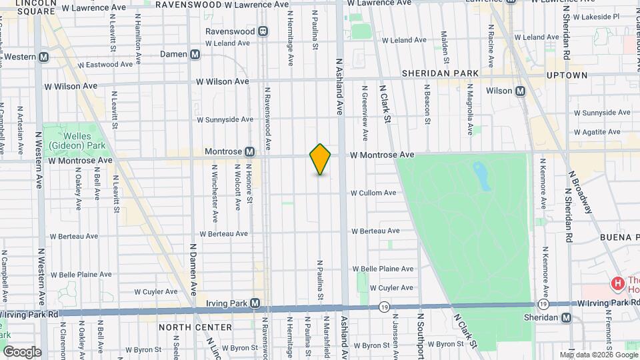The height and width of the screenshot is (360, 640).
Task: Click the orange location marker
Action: pyautogui.click(x=320, y=159)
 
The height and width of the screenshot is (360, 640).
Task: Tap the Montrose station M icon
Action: pyautogui.click(x=249, y=151)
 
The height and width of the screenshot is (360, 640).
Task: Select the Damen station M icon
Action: pyautogui.click(x=195, y=54)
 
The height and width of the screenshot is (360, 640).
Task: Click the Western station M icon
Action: pyautogui.click(x=43, y=57)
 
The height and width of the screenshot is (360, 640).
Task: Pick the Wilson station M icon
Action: pyautogui.click(x=520, y=91)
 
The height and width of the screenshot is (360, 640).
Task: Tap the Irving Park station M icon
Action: pyautogui.click(x=254, y=304)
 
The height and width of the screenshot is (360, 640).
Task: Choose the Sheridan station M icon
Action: pyautogui.click(x=566, y=317)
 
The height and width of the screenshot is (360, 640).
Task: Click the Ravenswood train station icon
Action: pyautogui.click(x=263, y=31)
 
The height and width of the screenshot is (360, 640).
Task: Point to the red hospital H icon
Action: pyautogui.click(x=617, y=285)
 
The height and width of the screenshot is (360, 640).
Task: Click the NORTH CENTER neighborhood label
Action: pyautogui.click(x=195, y=327)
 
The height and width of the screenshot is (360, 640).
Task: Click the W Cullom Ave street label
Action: pyautogui.click(x=373, y=193)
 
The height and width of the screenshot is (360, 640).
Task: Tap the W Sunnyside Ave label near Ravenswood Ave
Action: pyautogui.click(x=225, y=120)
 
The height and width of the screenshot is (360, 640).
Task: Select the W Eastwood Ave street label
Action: pyautogui.click(x=105, y=65)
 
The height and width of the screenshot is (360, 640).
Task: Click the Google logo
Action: pyautogui.click(x=22, y=351)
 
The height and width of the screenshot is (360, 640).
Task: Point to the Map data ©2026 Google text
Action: pyautogui.click(x=598, y=355)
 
